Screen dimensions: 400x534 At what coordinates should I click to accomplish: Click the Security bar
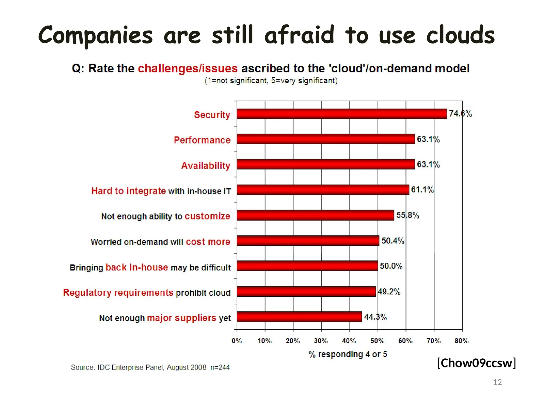point(342,114)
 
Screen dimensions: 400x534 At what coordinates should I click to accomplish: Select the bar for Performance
point(325,139)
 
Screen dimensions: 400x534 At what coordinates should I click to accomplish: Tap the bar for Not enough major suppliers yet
point(299,317)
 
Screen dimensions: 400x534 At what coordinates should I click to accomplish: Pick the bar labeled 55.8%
point(315,215)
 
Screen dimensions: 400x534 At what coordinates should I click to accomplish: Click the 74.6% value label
point(460,114)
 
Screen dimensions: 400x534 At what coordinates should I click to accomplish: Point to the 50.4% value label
point(393,241)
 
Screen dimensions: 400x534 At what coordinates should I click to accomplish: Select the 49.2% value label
point(389,291)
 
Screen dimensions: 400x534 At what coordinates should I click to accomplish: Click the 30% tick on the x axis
point(321,341)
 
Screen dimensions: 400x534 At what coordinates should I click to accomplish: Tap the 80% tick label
point(462,341)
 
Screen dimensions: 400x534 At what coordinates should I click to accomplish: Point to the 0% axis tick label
point(237,341)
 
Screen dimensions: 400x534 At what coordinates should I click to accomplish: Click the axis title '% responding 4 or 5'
point(348,354)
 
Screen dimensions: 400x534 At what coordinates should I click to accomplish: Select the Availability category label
point(206,165)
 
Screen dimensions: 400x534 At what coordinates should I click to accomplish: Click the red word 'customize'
point(208,216)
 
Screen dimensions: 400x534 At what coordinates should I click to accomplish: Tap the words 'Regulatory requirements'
point(118,292)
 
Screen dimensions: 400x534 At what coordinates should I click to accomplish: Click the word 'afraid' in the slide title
point(299,35)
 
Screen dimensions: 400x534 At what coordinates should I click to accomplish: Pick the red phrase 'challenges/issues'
point(187,68)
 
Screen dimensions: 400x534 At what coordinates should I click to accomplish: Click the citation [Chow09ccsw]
point(476,363)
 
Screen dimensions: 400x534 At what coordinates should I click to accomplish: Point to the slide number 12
point(497,382)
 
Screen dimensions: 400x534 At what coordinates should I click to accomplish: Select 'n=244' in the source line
point(220,367)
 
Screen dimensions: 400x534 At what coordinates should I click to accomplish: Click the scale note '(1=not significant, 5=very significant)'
point(271,81)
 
